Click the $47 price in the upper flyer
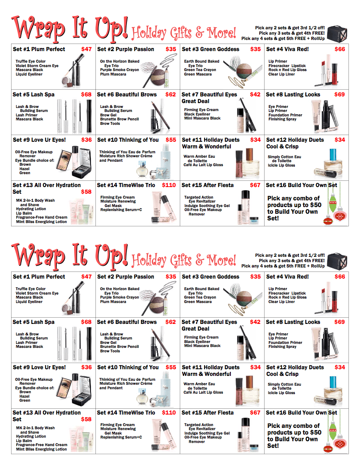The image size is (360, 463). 87,49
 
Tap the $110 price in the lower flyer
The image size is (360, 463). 169,412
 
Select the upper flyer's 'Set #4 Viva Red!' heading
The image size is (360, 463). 287,49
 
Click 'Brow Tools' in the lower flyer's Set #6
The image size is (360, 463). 110,351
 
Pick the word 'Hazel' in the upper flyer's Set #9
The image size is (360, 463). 24,169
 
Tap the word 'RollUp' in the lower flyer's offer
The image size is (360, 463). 317,266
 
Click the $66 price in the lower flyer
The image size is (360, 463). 340,277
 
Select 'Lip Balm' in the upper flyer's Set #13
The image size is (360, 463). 24,213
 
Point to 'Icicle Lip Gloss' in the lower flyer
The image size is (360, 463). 281,393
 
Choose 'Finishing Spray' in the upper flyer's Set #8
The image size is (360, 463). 282,119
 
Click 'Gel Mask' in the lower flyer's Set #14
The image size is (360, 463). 113,433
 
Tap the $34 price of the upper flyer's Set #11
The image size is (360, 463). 255,140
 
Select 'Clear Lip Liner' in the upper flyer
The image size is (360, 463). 281,74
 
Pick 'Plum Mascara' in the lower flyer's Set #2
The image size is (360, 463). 113,302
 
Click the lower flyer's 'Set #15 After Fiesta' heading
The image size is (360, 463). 207,412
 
